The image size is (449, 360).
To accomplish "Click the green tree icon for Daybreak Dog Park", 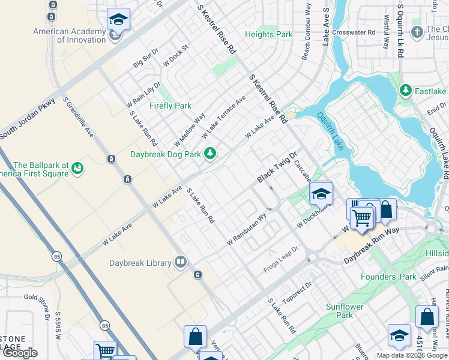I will [x=209, y=154].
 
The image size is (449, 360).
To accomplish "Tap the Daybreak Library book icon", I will [x=180, y=262].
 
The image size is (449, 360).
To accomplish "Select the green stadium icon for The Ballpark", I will [x=77, y=170].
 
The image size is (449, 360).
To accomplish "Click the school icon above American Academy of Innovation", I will [x=118, y=19].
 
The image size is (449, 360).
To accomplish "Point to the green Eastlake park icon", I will [x=406, y=91].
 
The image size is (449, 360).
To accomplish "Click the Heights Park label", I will [x=268, y=34].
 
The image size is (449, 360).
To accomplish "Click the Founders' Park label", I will [x=388, y=277].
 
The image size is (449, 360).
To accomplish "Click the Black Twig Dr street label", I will [x=277, y=167].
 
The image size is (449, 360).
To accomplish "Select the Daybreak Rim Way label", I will [x=371, y=246].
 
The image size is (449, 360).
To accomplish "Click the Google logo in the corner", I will [x=20, y=353].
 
